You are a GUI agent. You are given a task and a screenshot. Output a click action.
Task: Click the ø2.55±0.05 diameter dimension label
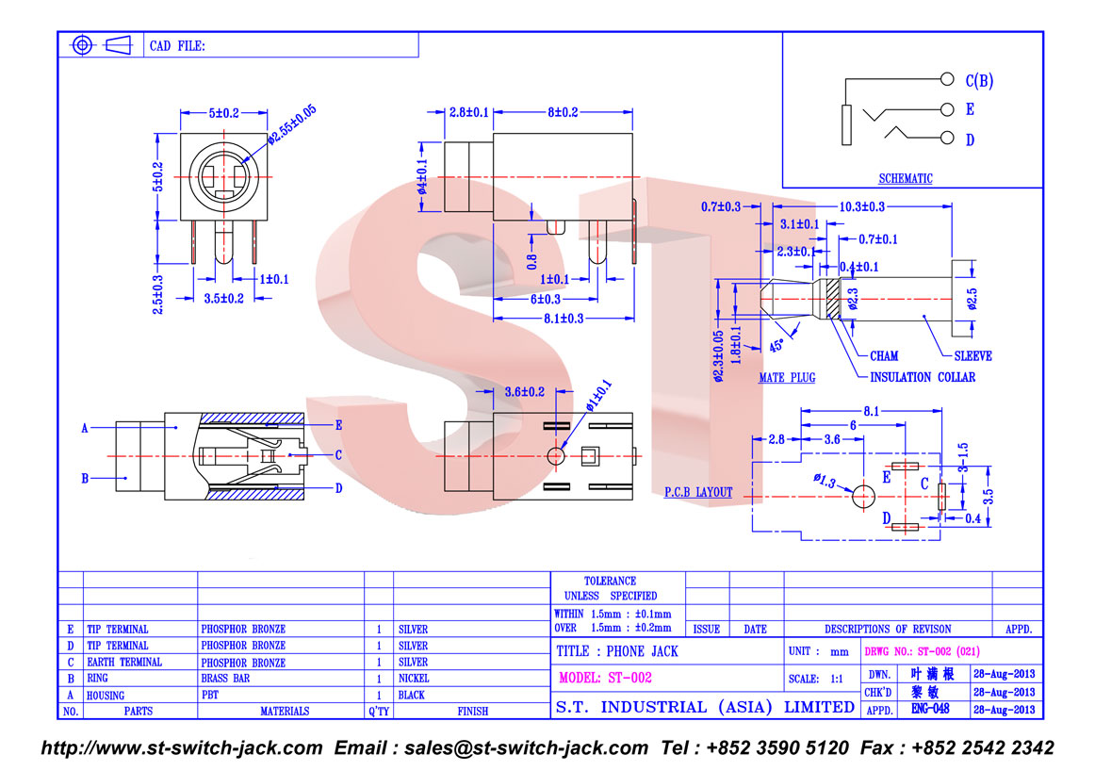click(292, 124)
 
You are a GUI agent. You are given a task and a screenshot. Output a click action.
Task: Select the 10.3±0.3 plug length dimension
click(861, 206)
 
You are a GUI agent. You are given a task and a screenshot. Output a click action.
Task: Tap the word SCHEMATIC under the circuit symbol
click(905, 179)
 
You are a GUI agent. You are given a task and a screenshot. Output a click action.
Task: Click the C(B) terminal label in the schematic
click(979, 81)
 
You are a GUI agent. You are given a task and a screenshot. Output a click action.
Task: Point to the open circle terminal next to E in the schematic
click(947, 109)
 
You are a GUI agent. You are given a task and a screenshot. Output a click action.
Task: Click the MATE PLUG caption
click(787, 378)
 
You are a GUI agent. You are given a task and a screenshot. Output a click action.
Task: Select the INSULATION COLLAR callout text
click(923, 377)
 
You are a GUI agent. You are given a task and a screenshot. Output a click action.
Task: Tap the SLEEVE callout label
click(972, 356)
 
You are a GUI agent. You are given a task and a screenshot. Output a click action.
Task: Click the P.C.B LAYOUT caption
click(698, 492)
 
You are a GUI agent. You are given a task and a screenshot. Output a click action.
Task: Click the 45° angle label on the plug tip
click(776, 346)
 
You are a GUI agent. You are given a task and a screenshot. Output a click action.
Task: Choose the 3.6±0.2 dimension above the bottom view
click(525, 392)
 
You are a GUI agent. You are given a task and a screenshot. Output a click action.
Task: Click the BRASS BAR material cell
click(225, 678)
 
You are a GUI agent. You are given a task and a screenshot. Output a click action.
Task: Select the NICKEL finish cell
click(414, 678)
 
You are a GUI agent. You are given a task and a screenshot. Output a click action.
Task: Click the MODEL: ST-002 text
click(606, 678)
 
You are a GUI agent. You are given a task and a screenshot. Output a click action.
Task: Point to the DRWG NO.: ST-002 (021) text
click(922, 651)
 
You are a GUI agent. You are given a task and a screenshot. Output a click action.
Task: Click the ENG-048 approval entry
click(930, 709)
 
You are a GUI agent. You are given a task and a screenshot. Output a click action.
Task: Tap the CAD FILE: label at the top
click(177, 46)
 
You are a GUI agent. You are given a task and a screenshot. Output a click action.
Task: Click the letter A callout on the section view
click(85, 428)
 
